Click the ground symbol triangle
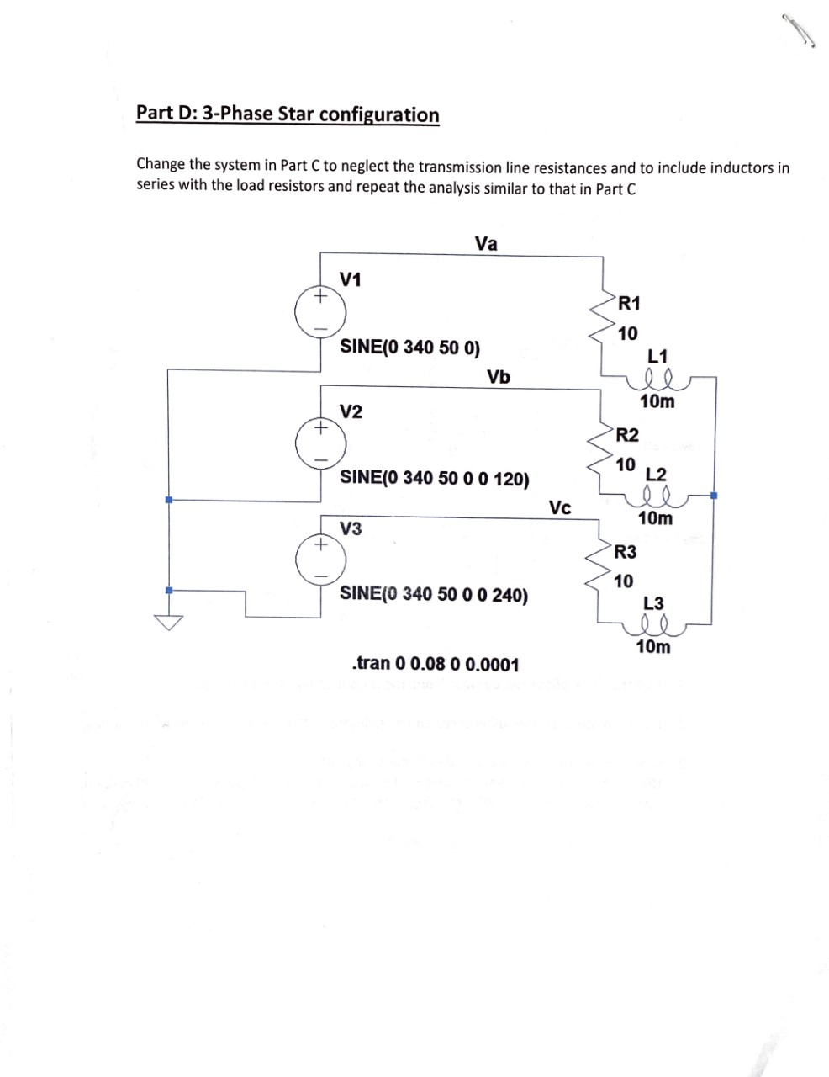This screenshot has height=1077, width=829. [x=168, y=623]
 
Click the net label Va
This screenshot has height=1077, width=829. [x=486, y=244]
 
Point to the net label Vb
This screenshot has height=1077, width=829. [x=499, y=376]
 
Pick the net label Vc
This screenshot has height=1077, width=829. [x=560, y=507]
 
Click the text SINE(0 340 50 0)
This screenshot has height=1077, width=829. [x=409, y=347]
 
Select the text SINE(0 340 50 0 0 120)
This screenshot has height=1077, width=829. [x=434, y=478]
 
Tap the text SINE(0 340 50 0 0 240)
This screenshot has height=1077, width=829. [x=434, y=594]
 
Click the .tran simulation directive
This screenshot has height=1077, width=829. [x=436, y=664]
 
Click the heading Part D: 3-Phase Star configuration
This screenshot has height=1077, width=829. [x=288, y=114]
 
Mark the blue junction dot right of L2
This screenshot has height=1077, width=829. [x=714, y=496]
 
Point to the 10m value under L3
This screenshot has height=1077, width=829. [x=654, y=646]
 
